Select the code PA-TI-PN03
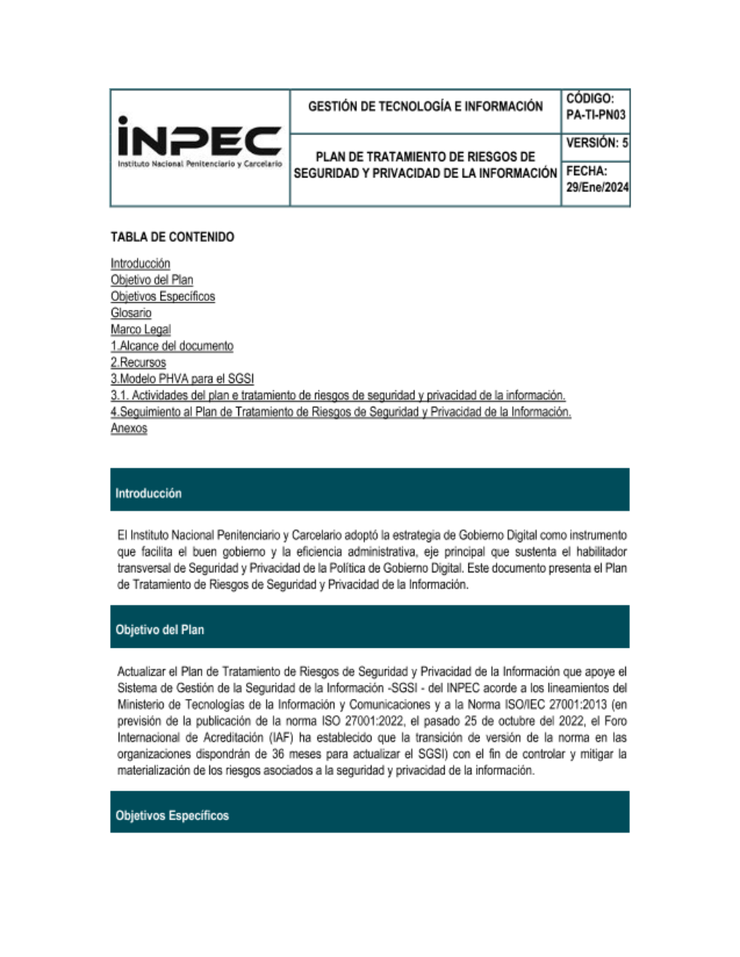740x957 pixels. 596,115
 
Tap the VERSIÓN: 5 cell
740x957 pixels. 596,143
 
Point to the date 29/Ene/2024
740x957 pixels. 597,187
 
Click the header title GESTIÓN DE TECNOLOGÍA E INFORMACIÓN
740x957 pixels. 425,106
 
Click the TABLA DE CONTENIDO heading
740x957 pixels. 172,237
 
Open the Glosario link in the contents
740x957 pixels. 131,313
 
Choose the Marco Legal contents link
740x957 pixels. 141,329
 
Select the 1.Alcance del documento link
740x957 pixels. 172,345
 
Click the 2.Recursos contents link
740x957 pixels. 138,362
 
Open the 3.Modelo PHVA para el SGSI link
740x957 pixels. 182,379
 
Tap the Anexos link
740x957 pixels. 129,428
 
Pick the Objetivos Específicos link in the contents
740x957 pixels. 163,297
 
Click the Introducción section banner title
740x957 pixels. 148,493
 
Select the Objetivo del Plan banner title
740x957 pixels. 159,630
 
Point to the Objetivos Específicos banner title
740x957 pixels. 172,816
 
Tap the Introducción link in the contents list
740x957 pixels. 141,263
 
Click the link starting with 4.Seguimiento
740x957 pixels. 340,412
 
